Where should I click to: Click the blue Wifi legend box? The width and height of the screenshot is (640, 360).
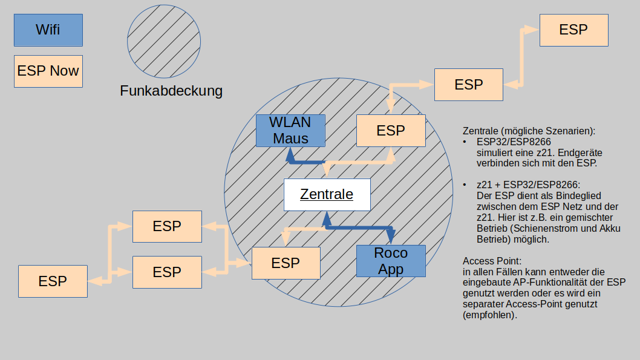coord(48,30)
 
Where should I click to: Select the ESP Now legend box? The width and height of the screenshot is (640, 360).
coord(48,71)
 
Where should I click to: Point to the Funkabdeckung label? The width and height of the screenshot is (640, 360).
coord(171,91)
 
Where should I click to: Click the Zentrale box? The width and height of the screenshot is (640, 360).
coord(327,195)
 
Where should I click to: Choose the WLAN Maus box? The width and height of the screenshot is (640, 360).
coord(290,131)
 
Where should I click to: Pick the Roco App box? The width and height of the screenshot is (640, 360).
coord(391,261)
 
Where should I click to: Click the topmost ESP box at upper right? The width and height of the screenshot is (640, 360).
coord(573,30)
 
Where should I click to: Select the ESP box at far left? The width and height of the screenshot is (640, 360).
coord(53,281)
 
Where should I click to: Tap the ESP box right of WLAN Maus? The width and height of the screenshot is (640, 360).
coord(391,131)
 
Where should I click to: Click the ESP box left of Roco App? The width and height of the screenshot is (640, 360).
coord(286,263)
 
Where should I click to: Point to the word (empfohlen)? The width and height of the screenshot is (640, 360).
coord(490,315)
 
